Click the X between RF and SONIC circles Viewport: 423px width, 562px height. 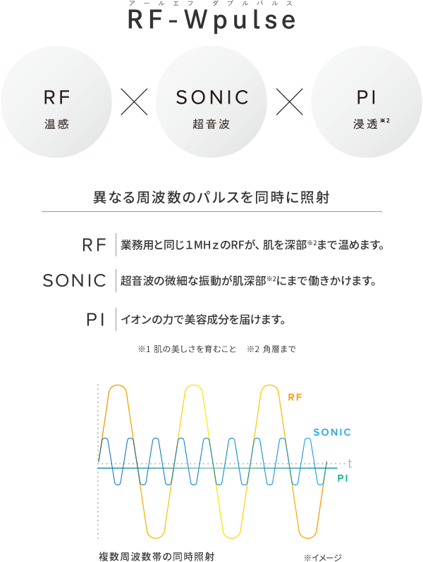point(134,104)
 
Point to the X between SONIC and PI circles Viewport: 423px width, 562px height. point(288,104)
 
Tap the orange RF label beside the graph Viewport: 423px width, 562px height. point(295,396)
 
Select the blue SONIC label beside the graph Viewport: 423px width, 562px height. point(331,432)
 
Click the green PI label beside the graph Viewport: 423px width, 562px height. point(343,478)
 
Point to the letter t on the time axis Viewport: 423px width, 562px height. point(349,464)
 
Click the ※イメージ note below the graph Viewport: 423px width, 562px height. point(323,557)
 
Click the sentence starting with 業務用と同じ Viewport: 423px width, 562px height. point(252,245)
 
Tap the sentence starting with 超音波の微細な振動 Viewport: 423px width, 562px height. point(247,282)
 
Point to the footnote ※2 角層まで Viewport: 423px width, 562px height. point(271,349)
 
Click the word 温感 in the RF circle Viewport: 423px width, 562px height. point(56,125)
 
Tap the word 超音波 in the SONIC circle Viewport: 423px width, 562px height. point(211,125)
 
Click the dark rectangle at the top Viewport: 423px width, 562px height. point(211,18)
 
